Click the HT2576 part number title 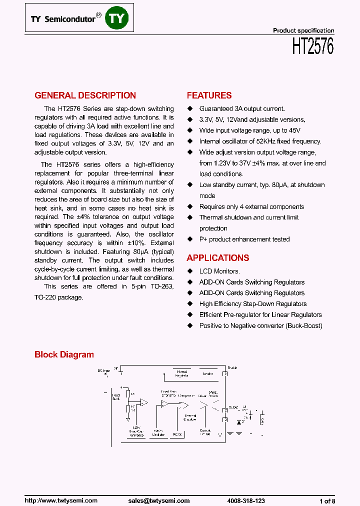click(x=312, y=47)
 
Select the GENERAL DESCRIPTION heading click(x=85, y=95)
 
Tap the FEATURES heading click(x=209, y=95)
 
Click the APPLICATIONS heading click(x=217, y=258)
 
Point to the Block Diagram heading click(x=64, y=354)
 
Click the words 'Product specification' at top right click(x=303, y=30)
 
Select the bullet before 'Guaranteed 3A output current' click(x=189, y=108)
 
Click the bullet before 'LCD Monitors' click(x=189, y=271)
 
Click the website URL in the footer click(x=61, y=500)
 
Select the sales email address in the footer click(x=158, y=500)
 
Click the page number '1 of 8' click(x=327, y=500)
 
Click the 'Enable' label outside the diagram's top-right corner click(x=232, y=368)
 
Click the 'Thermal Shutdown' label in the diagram click(x=190, y=417)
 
